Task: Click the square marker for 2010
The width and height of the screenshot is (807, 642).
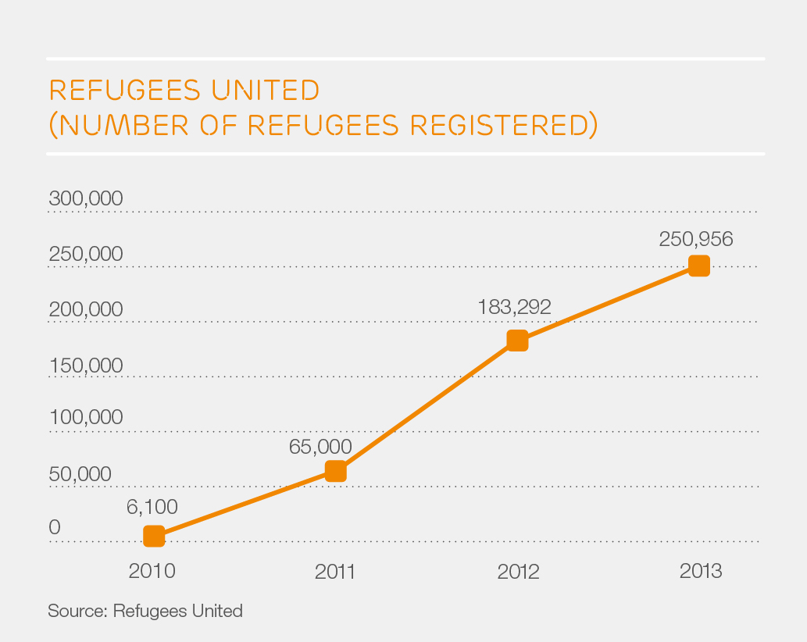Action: (x=154, y=536)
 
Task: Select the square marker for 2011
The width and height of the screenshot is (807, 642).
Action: (x=335, y=471)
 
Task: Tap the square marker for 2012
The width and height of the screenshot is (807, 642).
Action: (x=517, y=341)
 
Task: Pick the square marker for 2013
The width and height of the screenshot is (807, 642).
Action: (x=699, y=266)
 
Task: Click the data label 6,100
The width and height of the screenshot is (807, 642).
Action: (x=152, y=506)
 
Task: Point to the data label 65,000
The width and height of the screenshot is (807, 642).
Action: (x=320, y=446)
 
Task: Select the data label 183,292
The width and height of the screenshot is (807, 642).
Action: (x=514, y=306)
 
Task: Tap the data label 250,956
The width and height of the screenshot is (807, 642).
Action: (x=696, y=239)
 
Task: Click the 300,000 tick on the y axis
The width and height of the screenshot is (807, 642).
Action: (x=86, y=198)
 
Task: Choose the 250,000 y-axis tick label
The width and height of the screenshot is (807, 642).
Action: (x=86, y=254)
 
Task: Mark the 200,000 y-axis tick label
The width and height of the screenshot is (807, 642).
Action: (x=86, y=309)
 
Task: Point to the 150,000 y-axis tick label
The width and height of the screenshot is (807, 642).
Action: (x=86, y=365)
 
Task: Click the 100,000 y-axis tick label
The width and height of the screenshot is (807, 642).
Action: (x=86, y=417)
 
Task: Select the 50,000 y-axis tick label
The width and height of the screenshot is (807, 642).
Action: (x=80, y=474)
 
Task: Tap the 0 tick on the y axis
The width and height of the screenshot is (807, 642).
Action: (x=55, y=528)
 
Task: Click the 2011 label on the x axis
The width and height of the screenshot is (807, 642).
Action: (x=335, y=572)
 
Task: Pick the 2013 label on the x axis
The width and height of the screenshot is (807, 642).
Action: (x=701, y=572)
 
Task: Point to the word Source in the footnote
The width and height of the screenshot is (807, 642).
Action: (x=76, y=611)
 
